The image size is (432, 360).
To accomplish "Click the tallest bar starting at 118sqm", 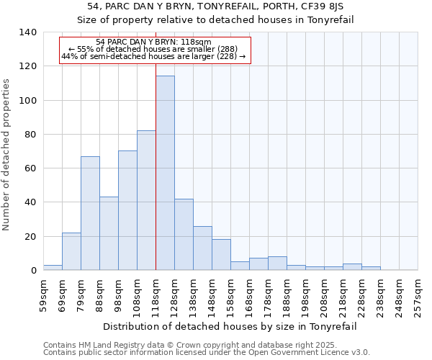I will (x=165, y=173).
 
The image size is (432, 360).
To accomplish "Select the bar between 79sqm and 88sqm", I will (x=90, y=213).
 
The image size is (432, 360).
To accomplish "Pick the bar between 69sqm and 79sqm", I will (x=71, y=251).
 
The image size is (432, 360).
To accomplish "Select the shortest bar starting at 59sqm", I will (x=53, y=267).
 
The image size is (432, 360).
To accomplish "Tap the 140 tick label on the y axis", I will (x=28, y=32).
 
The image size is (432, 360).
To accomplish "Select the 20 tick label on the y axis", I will (x=31, y=236).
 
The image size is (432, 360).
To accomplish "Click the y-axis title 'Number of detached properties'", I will (x=6, y=154).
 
